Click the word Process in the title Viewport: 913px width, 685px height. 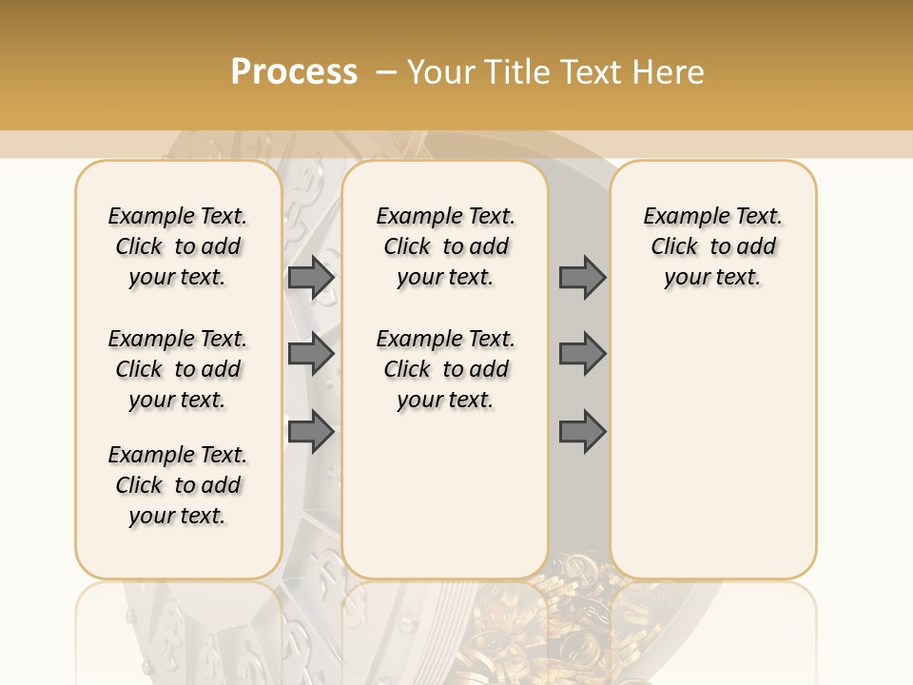click(294, 72)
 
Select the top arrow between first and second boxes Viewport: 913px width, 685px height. click(311, 277)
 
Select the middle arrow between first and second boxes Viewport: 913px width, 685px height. click(311, 354)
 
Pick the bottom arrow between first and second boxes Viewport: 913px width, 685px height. click(311, 432)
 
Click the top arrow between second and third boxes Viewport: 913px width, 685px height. click(582, 277)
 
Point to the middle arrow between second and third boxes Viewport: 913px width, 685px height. click(582, 354)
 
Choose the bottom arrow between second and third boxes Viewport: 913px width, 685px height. click(582, 432)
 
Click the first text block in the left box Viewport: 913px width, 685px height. click(178, 246)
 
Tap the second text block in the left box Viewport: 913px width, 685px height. click(178, 369)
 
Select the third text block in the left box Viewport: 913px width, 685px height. click(178, 485)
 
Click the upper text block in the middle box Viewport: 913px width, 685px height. click(445, 246)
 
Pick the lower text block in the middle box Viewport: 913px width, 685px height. click(445, 369)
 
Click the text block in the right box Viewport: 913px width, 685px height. click(712, 246)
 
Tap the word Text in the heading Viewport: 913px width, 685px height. click(591, 72)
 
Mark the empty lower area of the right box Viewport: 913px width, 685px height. click(712, 438)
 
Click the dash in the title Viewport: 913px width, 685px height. click(386, 73)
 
